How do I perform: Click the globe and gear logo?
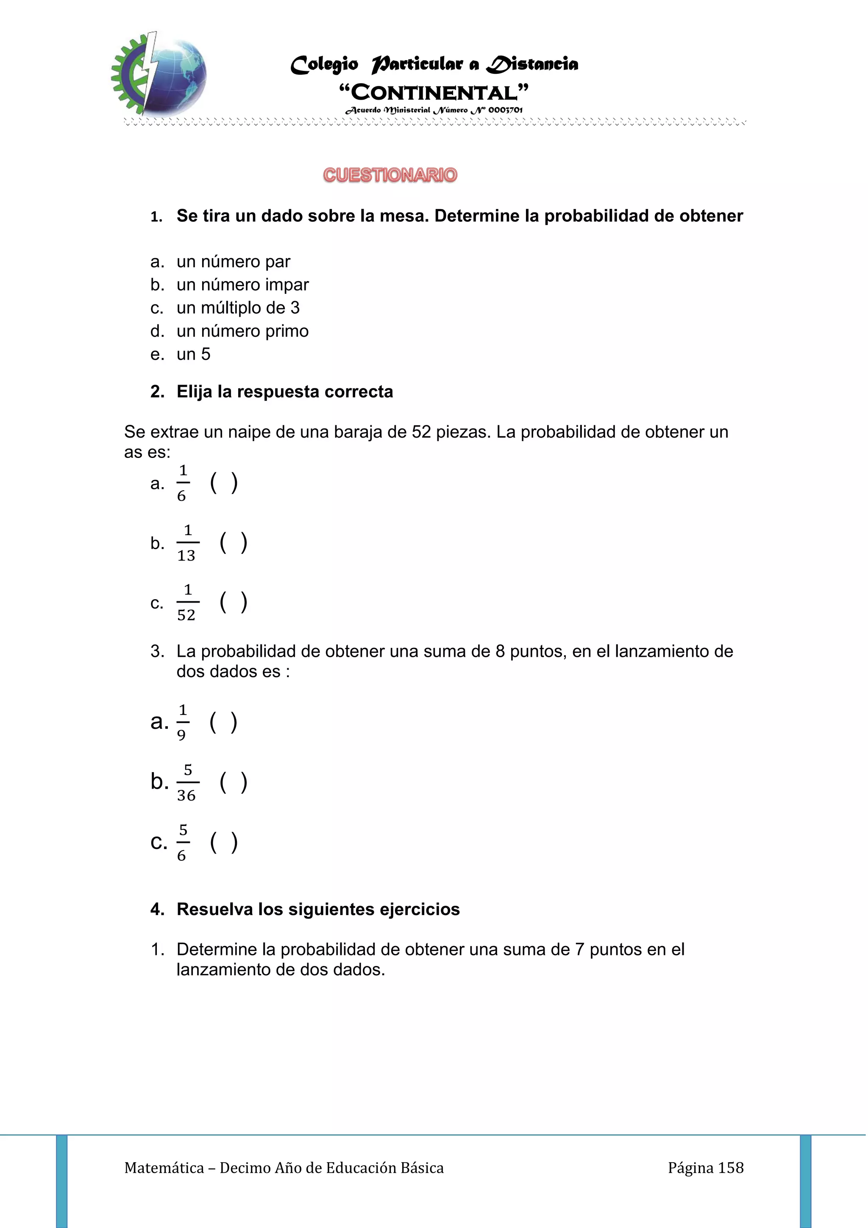pos(159,74)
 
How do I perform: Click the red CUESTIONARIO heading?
pos(390,175)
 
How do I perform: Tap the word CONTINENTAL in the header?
pos(434,92)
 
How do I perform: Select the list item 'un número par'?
pos(233,262)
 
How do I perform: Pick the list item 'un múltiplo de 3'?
pos(238,307)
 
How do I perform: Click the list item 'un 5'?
pos(194,354)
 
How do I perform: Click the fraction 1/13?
pos(186,543)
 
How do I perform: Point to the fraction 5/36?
pos(186,782)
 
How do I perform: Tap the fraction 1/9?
pos(182,723)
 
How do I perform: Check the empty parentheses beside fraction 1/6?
pos(224,483)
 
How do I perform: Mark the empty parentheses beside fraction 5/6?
pos(224,843)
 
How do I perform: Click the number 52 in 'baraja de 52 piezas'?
pos(421,432)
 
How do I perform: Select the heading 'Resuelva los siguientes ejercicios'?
pos(318,909)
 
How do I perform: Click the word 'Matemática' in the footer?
pos(164,1168)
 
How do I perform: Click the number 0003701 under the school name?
pos(505,110)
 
